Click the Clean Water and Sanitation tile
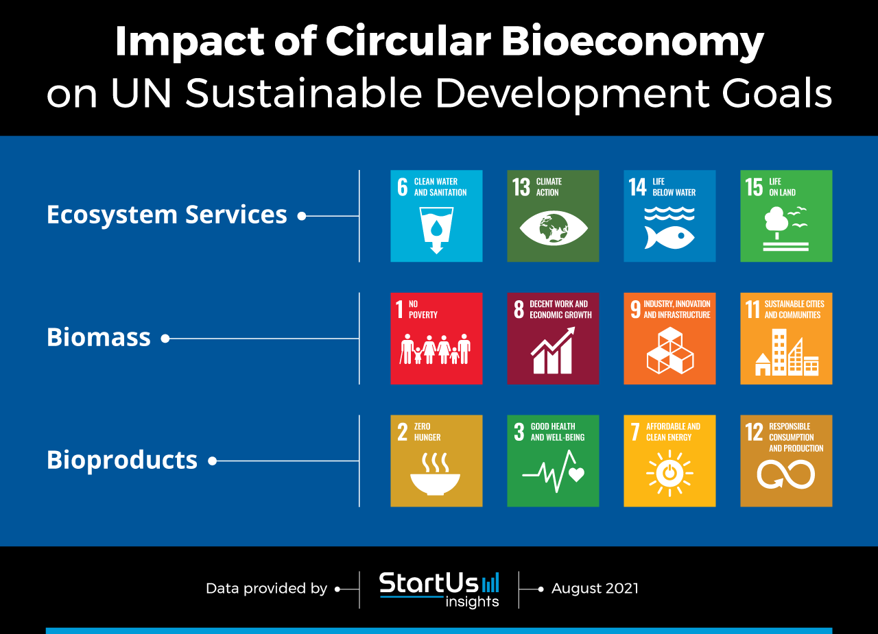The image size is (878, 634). [436, 216]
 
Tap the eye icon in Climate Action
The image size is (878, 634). [553, 228]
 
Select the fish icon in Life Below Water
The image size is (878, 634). [669, 237]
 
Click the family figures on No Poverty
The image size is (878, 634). [435, 349]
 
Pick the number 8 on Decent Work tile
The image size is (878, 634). [519, 309]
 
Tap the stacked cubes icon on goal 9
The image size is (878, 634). [670, 350]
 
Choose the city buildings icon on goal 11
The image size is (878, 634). [787, 352]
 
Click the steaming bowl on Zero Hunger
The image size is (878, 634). [435, 474]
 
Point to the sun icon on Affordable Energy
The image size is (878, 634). [669, 473]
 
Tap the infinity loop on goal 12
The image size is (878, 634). [786, 474]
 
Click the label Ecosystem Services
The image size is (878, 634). [167, 215]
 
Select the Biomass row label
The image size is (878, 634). [99, 337]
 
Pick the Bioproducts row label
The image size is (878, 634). [122, 460]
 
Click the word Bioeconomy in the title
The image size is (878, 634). [632, 42]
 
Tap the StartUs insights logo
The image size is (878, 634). [439, 589]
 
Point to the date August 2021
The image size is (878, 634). [595, 588]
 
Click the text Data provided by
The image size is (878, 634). [267, 589]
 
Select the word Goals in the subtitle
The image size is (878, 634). [777, 93]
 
